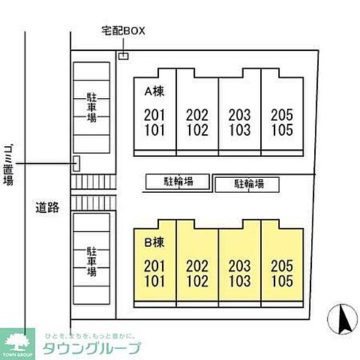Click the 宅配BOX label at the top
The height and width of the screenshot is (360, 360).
[x=123, y=31]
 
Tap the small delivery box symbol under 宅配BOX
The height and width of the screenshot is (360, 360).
[x=124, y=55]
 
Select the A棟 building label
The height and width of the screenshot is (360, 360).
[x=154, y=92]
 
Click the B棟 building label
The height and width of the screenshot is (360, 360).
[x=154, y=242]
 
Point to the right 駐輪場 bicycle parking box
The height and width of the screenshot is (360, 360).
[x=247, y=184]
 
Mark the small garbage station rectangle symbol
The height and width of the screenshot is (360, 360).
[x=76, y=163]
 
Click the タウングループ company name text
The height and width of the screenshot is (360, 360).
[x=101, y=349]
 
